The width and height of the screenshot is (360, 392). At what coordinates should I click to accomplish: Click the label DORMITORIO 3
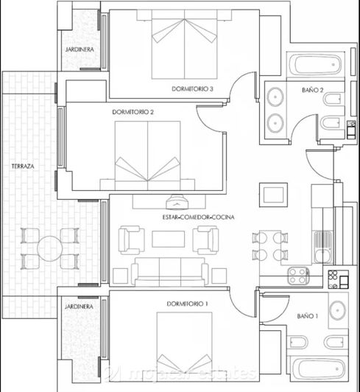[192, 89]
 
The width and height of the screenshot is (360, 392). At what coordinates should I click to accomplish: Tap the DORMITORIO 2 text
[133, 113]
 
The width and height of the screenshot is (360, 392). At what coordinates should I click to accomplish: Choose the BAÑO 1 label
[308, 315]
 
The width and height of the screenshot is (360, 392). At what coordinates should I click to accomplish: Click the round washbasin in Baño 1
[337, 309]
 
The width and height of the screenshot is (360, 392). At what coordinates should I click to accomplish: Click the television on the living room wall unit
[177, 199]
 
